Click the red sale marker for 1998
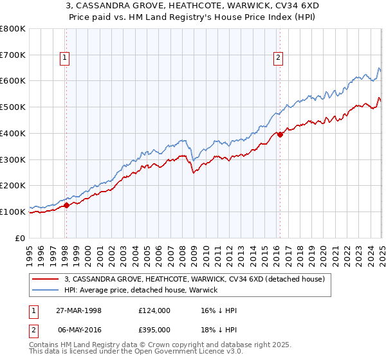[x=66, y=206]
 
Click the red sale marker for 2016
[x=280, y=134]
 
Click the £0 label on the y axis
[x=20, y=238]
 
